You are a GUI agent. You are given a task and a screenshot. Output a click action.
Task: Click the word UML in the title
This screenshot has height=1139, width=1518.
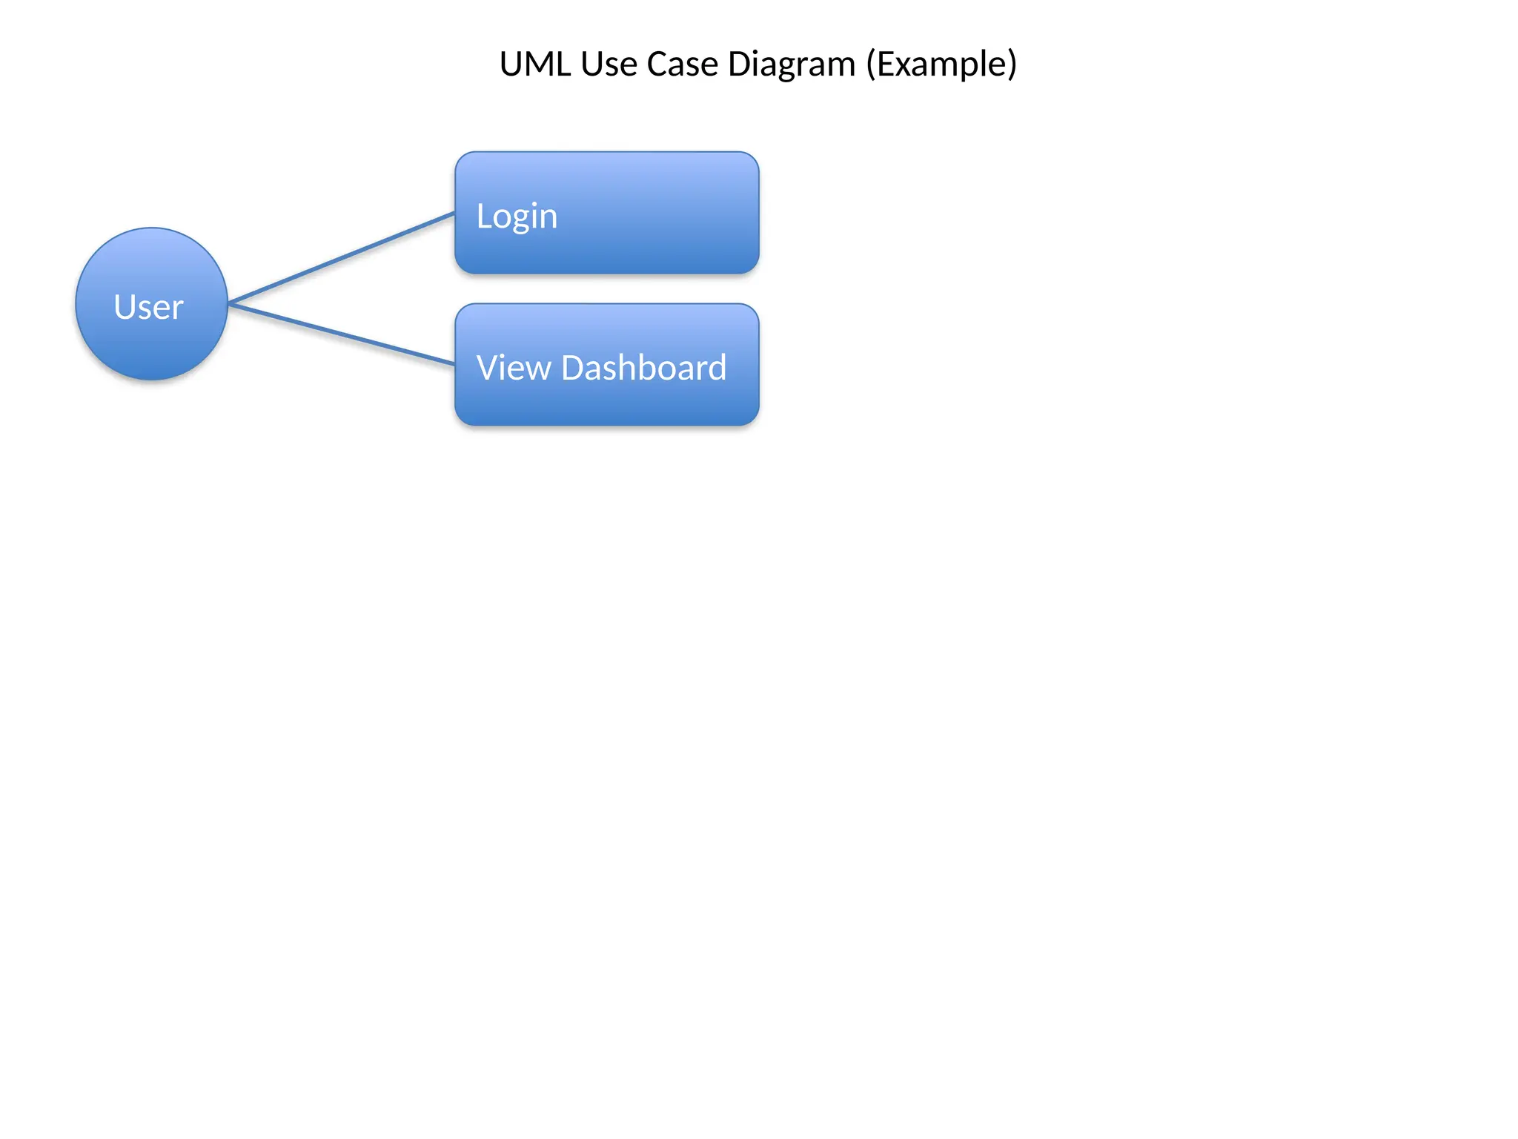click(x=535, y=65)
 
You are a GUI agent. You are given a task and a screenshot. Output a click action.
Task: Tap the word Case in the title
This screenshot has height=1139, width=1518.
click(x=682, y=65)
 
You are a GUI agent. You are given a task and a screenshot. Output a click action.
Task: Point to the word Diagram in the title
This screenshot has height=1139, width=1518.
click(x=792, y=65)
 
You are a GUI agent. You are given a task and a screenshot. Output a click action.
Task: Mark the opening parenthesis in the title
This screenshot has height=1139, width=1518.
click(x=872, y=65)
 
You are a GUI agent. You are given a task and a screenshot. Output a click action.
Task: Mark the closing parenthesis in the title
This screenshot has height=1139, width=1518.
click(x=1012, y=65)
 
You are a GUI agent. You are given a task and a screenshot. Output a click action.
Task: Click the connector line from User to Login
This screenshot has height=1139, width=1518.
click(x=341, y=258)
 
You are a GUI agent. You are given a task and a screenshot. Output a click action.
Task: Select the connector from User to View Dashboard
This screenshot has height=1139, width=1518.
click(x=341, y=334)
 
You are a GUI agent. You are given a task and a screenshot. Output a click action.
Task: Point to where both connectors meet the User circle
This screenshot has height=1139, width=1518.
click(x=229, y=303)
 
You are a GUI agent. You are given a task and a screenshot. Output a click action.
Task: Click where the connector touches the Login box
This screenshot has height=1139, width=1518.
click(x=454, y=214)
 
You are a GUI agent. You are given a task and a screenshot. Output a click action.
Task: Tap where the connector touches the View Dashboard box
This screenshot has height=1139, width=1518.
click(x=454, y=363)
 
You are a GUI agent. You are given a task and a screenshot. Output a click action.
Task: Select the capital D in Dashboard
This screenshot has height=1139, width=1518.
click(x=574, y=368)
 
